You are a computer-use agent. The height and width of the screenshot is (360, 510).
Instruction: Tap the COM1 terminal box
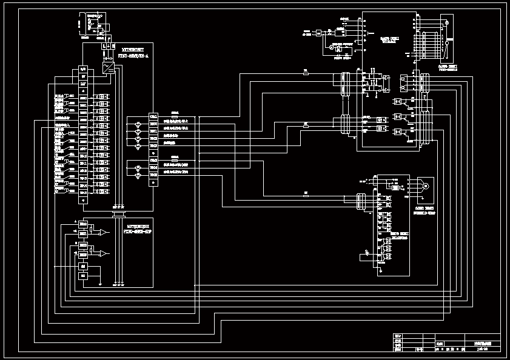tap(153, 116)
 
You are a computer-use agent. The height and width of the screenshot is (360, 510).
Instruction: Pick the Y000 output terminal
tap(153, 124)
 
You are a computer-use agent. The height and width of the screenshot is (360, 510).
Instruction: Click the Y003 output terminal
tap(153, 146)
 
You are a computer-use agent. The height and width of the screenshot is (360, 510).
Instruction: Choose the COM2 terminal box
tap(153, 161)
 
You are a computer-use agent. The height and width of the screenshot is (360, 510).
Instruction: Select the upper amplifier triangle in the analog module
tap(105, 232)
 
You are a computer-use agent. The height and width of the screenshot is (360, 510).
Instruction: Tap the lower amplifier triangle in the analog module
tap(105, 253)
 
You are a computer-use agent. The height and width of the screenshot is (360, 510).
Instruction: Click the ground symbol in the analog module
tap(99, 282)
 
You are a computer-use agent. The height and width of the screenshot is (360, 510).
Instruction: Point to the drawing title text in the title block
tap(483, 342)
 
